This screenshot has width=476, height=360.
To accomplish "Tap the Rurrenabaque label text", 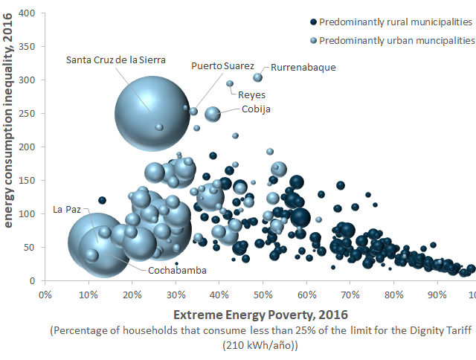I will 303,67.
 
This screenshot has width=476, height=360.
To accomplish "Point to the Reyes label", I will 251,94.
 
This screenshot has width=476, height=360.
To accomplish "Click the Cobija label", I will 256,109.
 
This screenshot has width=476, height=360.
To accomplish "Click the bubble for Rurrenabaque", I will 258,77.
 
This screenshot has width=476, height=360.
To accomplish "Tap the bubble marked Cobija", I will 213,114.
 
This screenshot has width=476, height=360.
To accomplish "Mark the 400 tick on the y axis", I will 28,13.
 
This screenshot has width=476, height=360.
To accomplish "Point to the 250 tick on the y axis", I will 28,114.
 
